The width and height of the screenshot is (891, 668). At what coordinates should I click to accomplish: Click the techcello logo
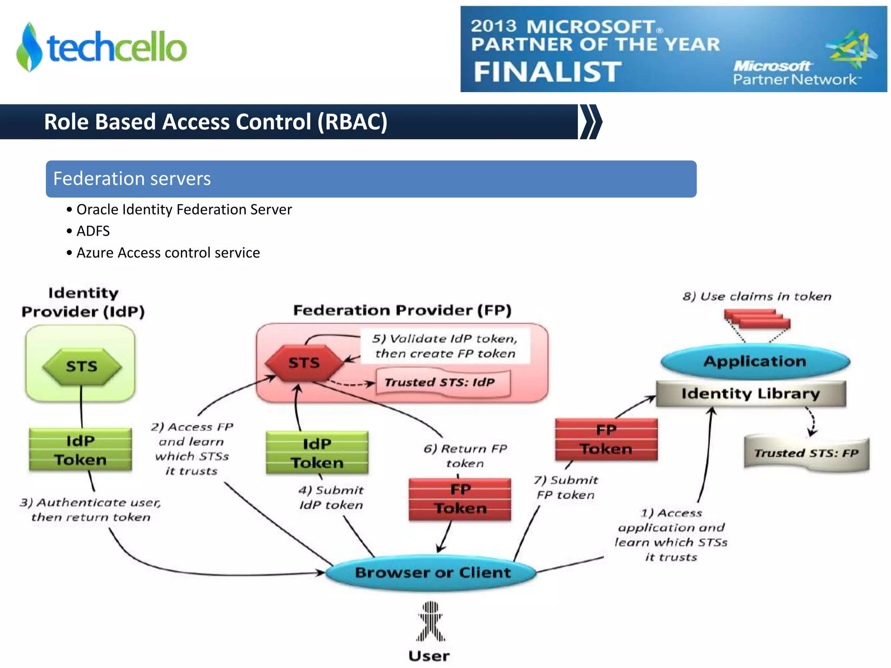tap(101, 47)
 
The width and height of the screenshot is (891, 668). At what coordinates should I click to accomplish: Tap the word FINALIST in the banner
tap(547, 72)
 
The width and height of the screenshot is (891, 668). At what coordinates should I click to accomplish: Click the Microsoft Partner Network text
tap(794, 73)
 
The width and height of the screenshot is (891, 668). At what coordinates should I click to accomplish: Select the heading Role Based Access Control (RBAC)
tap(215, 122)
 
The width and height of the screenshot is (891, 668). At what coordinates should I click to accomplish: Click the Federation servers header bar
tap(371, 179)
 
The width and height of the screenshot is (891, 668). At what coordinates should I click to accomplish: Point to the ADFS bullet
tap(93, 231)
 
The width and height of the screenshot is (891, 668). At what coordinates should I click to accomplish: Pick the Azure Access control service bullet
tap(167, 253)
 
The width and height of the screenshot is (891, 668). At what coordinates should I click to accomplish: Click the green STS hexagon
tap(82, 366)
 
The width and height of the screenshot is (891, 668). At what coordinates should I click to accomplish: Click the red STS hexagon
tap(304, 363)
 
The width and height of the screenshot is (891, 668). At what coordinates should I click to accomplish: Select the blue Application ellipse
tap(755, 361)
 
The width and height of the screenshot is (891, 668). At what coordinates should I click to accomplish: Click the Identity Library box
tap(750, 394)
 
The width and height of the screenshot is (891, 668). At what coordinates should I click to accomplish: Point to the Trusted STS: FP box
tap(806, 453)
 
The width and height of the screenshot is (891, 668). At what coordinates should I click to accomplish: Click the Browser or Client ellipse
tap(432, 572)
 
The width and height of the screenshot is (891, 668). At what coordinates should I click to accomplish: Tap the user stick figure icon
tap(430, 622)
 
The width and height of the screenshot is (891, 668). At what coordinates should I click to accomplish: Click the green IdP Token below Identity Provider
tap(80, 450)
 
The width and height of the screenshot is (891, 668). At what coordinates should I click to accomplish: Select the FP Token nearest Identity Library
tap(606, 440)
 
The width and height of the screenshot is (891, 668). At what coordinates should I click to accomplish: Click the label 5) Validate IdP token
tap(445, 346)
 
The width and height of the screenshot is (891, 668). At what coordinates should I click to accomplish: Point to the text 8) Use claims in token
tap(757, 297)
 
